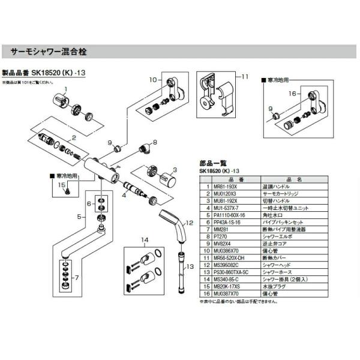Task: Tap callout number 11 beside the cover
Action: click(244, 77)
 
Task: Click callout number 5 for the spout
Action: click(79, 215)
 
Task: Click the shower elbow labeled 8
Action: click(143, 148)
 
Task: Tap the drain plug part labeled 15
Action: click(69, 191)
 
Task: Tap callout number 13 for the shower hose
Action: click(189, 266)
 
